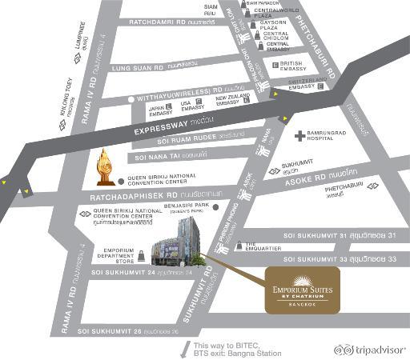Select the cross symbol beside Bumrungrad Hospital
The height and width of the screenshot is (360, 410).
click(299, 136)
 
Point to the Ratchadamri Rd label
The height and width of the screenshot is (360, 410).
click(165, 22)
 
